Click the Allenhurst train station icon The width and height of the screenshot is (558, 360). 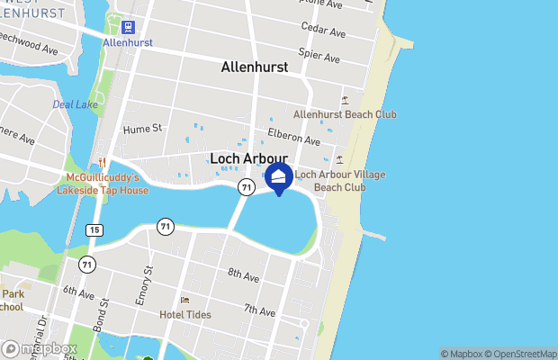pos(127,27)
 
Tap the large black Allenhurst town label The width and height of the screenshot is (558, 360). pos(255,67)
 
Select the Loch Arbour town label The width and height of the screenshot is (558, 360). pos(248,158)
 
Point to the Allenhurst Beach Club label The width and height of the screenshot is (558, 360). pos(345,114)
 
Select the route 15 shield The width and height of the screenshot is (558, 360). pos(94,230)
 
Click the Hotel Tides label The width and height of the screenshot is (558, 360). pos(184,314)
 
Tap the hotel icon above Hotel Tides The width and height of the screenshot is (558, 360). pos(184,300)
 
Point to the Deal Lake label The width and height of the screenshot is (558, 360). pos(69,104)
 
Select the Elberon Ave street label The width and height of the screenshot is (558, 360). pos(293,137)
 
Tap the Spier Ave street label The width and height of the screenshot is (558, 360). pos(320,57)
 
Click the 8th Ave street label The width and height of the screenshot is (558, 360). pos(244,274)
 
